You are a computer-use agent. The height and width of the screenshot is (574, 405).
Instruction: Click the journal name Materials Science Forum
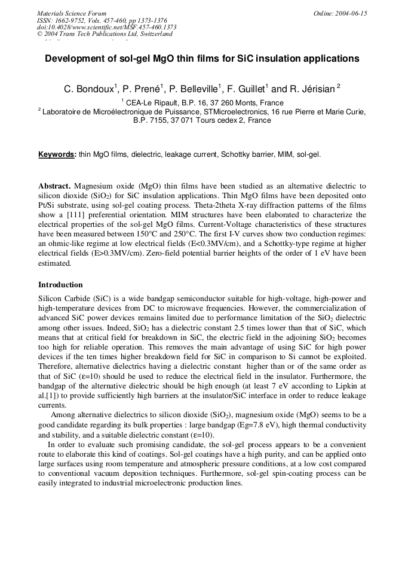pos(72,13)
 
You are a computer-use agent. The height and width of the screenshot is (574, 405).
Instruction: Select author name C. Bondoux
pos(88,89)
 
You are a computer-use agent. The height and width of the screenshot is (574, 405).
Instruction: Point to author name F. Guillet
pos(246,89)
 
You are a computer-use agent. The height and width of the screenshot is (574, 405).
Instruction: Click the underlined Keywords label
pos(57,154)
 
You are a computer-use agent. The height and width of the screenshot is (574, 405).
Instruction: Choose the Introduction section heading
pos(60,285)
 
